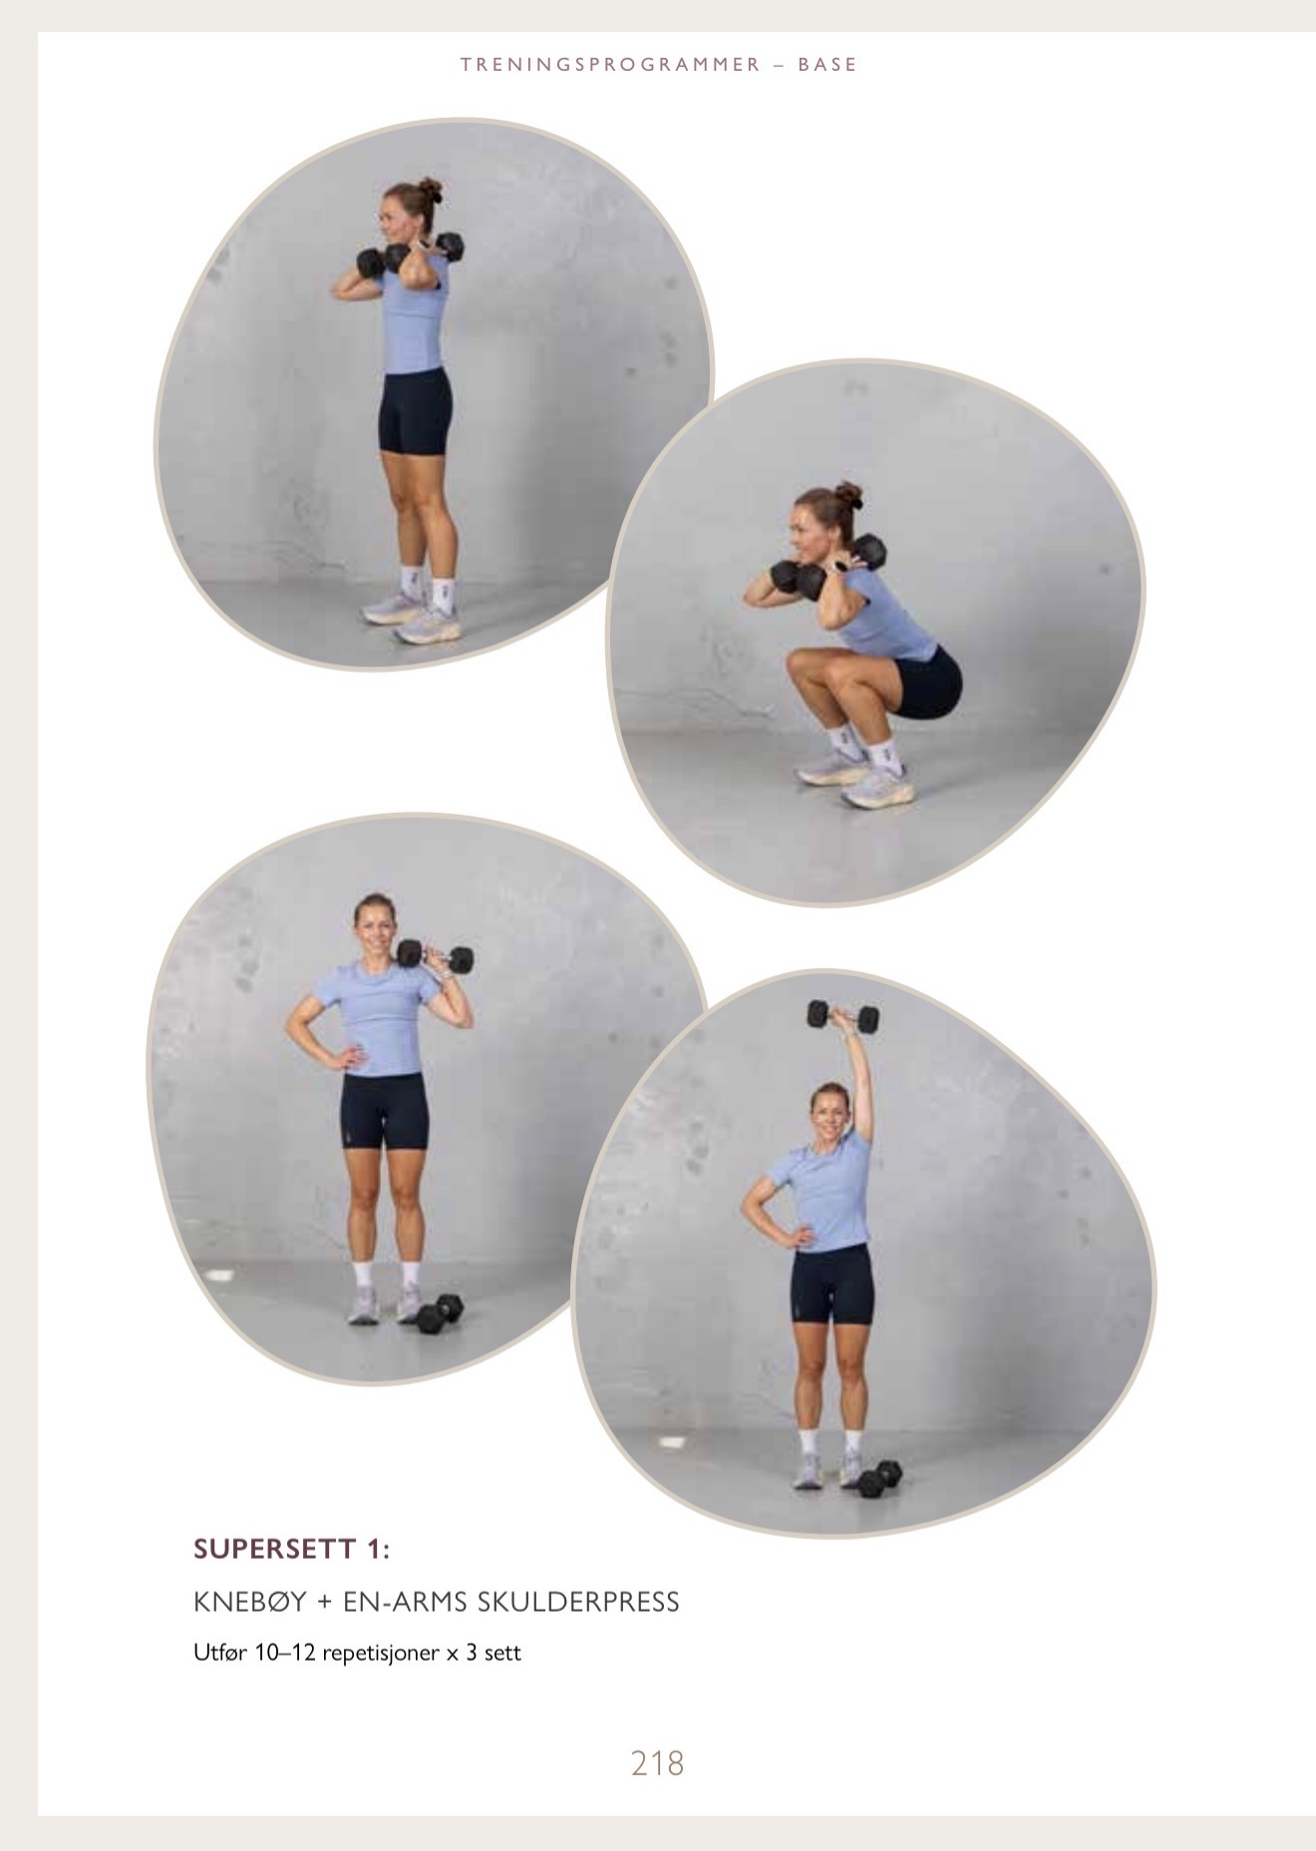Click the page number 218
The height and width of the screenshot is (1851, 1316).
tap(657, 1763)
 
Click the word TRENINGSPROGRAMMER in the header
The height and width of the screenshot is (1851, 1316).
tap(610, 65)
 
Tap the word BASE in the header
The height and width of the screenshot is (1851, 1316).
tap(827, 65)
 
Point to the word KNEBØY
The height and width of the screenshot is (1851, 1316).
tap(250, 1602)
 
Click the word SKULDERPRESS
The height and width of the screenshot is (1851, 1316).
tap(578, 1602)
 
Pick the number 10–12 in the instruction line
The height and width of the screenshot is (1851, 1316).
tap(284, 1653)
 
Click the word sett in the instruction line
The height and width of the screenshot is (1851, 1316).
tap(502, 1653)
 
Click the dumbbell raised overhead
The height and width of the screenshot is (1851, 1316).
tap(842, 1016)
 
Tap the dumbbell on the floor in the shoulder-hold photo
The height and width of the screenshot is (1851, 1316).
tap(440, 1312)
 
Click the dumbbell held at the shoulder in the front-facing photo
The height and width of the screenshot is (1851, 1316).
tap(436, 957)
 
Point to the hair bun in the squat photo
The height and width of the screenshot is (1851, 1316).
tap(847, 494)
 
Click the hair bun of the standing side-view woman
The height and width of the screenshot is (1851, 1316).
tap(430, 189)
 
